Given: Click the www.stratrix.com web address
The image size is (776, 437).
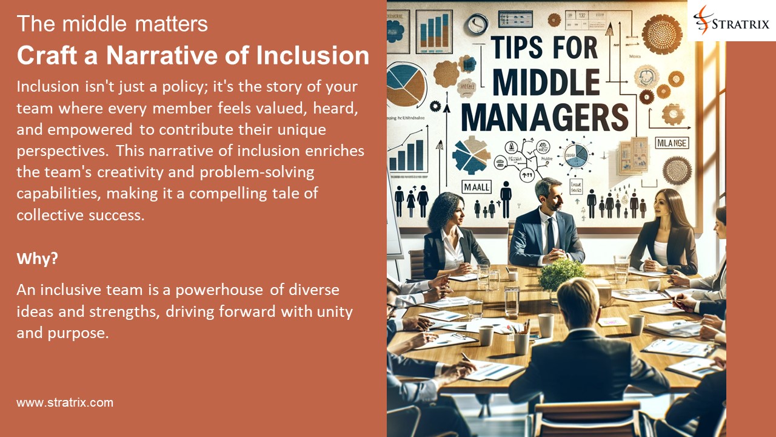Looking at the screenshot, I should tap(65, 402).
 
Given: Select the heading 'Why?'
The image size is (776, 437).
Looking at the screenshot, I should tap(38, 258).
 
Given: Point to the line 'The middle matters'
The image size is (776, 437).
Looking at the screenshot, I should tap(112, 24).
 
